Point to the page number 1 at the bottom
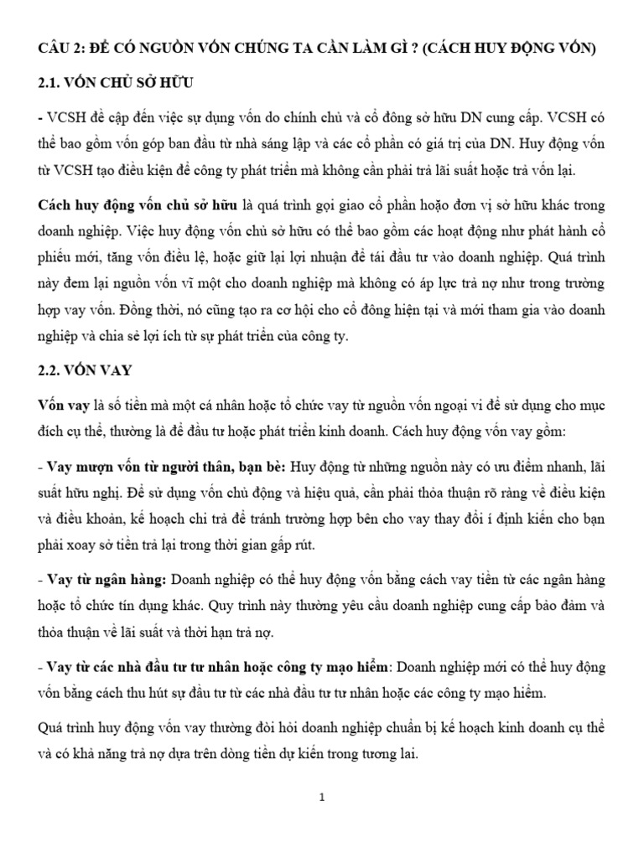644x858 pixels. pyautogui.click(x=321, y=799)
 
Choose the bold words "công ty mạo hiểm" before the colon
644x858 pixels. pyautogui.click(x=337, y=666)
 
